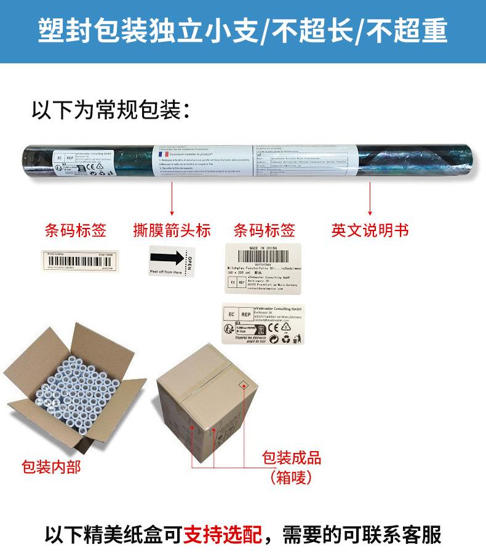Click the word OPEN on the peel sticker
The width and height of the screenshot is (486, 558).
(189, 262)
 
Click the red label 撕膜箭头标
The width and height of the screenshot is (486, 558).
(172, 230)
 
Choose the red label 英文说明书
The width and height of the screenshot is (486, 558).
(370, 230)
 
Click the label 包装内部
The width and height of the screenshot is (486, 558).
(50, 467)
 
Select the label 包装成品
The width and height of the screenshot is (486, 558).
(292, 457)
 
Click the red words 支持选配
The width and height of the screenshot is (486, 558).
(223, 534)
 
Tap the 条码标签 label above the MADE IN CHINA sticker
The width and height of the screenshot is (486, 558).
(265, 230)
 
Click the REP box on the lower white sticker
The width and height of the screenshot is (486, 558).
(242, 315)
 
